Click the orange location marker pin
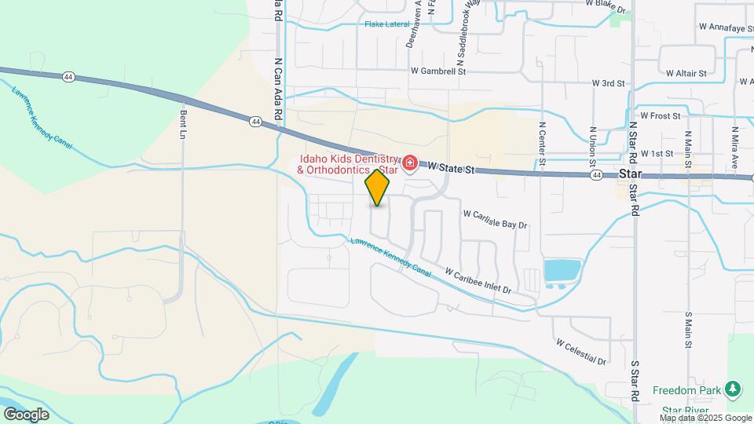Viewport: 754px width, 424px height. tap(378, 188)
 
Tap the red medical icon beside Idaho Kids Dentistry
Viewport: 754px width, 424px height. tap(409, 164)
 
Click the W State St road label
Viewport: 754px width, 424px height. tap(453, 167)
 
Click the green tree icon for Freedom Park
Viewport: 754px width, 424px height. tap(732, 389)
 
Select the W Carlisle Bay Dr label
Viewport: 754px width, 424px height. tap(495, 219)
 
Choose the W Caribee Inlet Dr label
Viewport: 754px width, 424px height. tap(478, 281)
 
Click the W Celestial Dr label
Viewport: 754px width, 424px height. tap(581, 352)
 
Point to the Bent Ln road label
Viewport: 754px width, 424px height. tap(183, 124)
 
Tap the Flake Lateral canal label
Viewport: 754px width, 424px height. tap(388, 24)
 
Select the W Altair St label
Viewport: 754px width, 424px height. tap(686, 73)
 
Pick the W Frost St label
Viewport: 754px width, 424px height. tap(660, 115)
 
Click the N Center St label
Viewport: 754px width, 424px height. tap(542, 141)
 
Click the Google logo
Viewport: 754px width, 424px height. tap(26, 414)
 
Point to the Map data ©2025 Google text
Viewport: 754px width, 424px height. tap(705, 418)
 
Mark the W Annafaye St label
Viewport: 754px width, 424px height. tap(725, 27)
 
